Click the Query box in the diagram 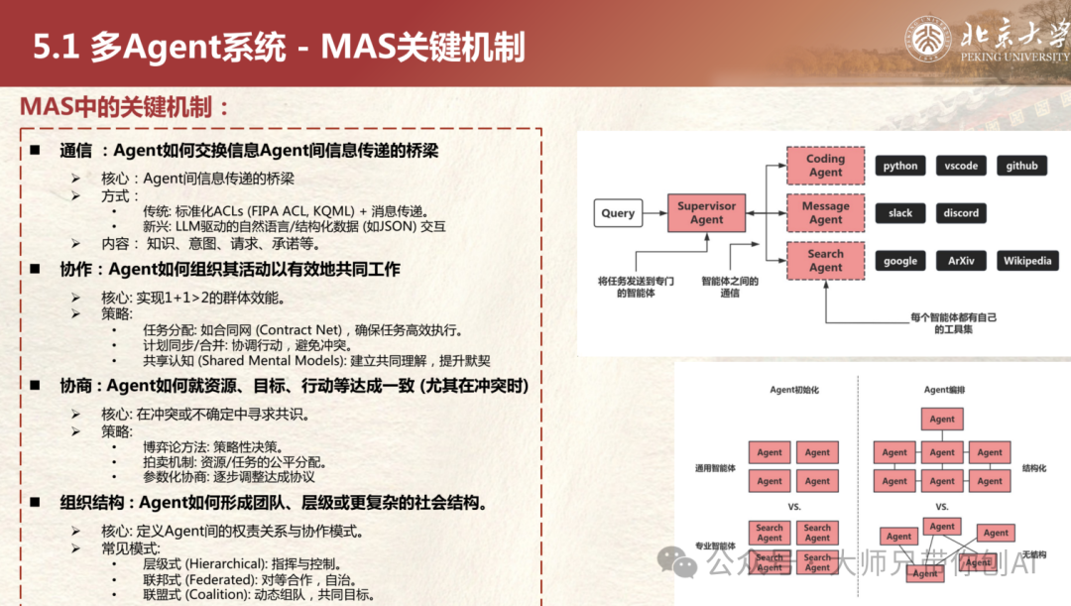coord(618,213)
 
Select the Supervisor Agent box coord(706,213)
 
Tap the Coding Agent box coord(825,166)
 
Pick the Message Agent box coord(825,213)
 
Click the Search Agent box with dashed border coord(825,261)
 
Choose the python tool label coord(900,166)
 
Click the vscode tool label coord(961,166)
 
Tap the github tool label coord(1021,166)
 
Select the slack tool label coord(900,213)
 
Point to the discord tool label coord(961,213)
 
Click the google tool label coord(900,261)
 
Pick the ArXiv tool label coord(961,261)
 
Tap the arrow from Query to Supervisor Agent coord(654,213)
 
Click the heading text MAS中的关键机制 coord(125,107)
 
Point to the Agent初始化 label coord(796,390)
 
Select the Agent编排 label coord(944,390)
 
